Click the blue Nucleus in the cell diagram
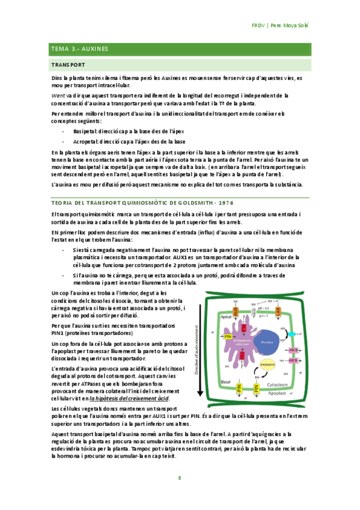266,343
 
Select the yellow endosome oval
267,364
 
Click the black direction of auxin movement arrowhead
198,396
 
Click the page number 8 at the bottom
179,478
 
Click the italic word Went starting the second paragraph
58,95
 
